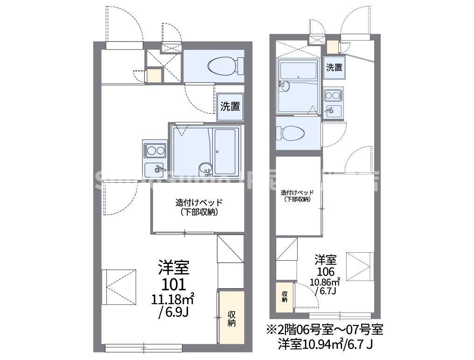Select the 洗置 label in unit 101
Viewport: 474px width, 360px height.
point(230,106)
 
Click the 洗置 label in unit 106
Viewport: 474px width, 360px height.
point(334,68)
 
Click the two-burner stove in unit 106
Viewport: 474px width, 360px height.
point(333,96)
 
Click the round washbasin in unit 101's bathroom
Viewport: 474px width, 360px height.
point(204,168)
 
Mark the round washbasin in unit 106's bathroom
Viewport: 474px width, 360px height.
point(285,85)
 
